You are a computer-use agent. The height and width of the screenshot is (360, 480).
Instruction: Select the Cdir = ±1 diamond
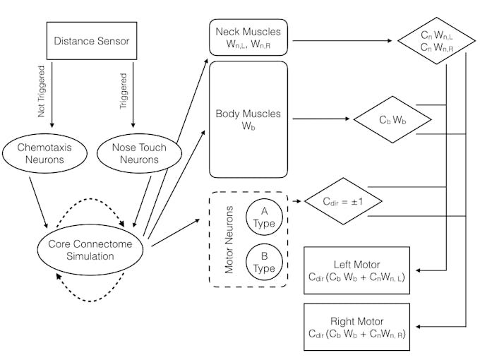pyautogui.click(x=342, y=201)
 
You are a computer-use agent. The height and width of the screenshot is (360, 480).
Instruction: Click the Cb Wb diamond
pyautogui.click(x=392, y=120)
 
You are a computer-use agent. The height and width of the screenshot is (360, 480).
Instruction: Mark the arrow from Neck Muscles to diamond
pyautogui.click(x=342, y=41)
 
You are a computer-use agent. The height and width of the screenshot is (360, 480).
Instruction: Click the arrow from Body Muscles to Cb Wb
pyautogui.click(x=321, y=119)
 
